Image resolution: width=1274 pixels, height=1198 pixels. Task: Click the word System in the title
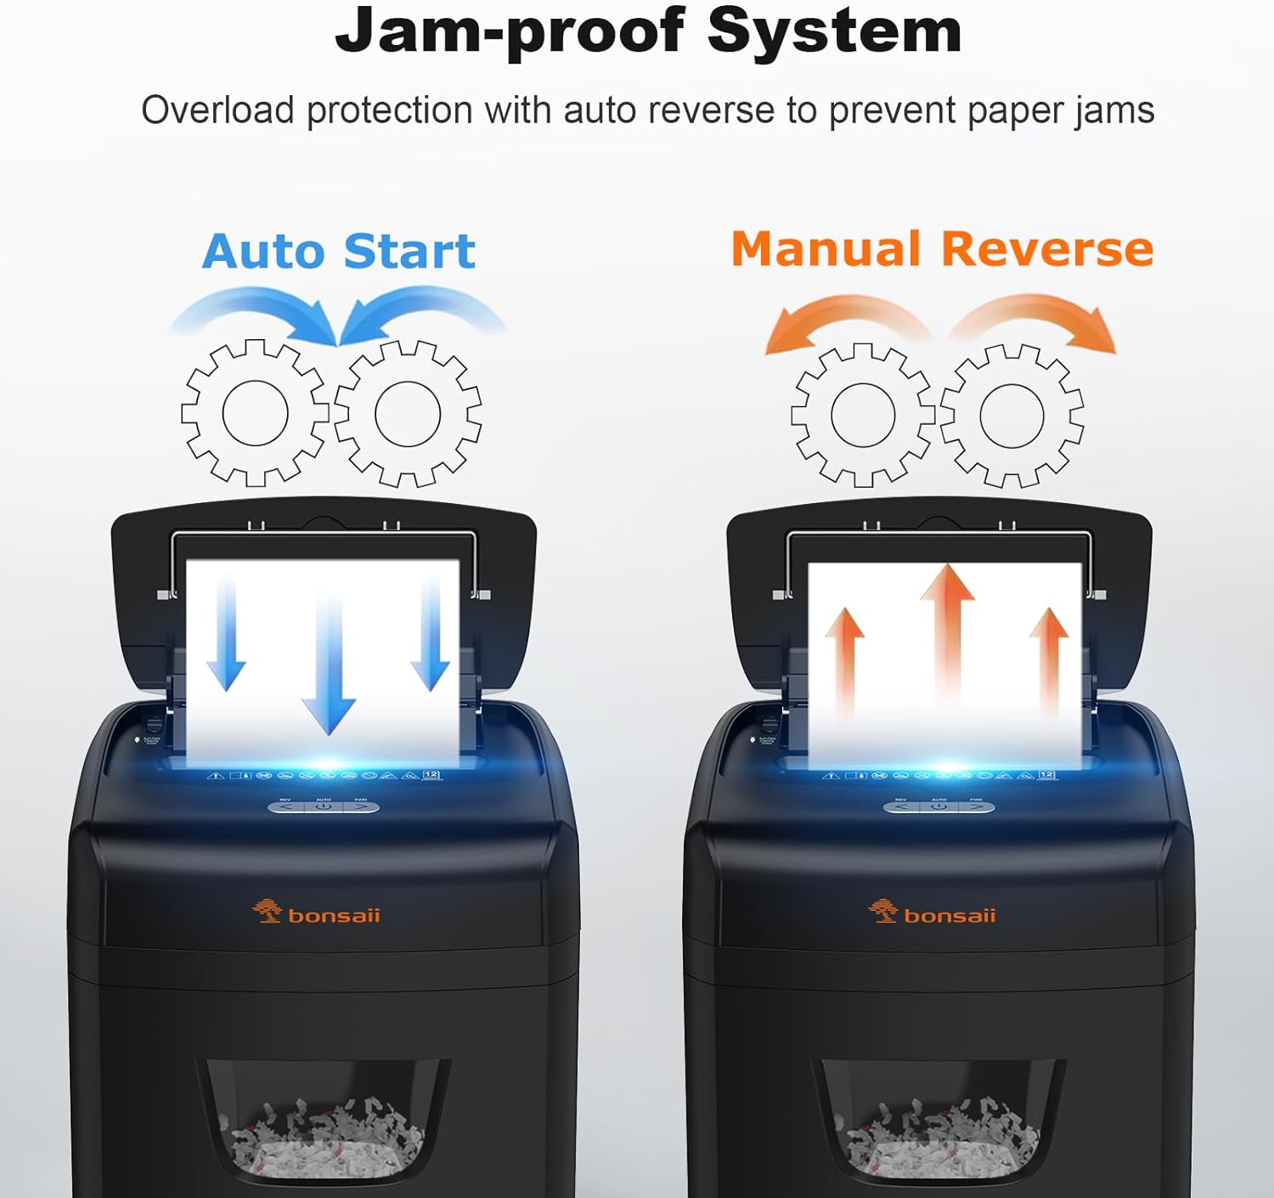[x=834, y=31]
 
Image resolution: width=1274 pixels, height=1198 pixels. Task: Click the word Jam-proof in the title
[x=510, y=31]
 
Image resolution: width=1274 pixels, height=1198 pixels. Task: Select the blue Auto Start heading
[x=338, y=251]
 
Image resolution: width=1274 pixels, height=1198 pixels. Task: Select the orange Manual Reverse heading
[x=942, y=250]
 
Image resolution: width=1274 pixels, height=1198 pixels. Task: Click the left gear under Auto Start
[x=255, y=414]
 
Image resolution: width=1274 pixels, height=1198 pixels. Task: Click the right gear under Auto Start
[x=408, y=414]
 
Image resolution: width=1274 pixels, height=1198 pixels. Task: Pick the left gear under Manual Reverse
[x=863, y=415]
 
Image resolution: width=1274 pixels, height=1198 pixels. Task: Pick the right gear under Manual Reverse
[x=1012, y=415]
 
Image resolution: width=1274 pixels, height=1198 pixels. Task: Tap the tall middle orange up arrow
[x=947, y=637]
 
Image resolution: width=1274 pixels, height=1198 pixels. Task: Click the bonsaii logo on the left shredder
[x=317, y=914]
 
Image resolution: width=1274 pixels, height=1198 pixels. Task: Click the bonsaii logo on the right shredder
[x=932, y=914]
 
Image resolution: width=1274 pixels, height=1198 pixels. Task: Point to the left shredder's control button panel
[x=324, y=805]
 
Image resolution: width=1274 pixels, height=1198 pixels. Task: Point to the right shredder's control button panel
[x=939, y=805]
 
